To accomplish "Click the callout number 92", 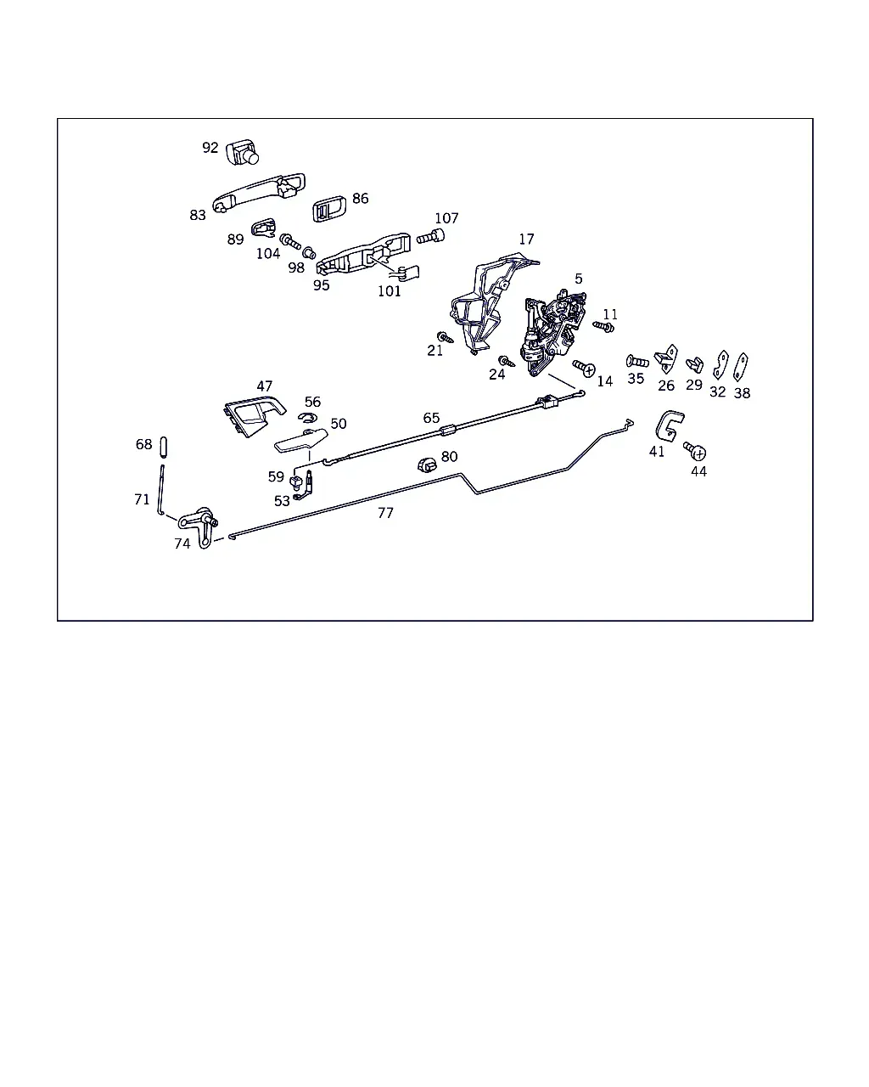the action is (210, 148).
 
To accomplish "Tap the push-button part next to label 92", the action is (243, 153).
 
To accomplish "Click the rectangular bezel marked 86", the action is (329, 209).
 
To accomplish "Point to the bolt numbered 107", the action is (431, 236).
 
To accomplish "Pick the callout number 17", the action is (526, 239).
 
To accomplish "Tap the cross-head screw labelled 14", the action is (584, 368).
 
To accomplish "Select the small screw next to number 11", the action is (603, 327).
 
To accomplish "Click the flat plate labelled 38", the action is (741, 367).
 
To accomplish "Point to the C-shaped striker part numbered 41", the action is (669, 425).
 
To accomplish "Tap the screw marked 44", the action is (695, 451).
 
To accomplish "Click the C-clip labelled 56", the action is (306, 418).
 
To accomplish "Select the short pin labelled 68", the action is (163, 448).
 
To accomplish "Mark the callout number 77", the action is (385, 513).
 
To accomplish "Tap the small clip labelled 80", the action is (427, 465).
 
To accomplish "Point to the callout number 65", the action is (431, 418).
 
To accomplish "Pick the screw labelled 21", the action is (445, 337).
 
